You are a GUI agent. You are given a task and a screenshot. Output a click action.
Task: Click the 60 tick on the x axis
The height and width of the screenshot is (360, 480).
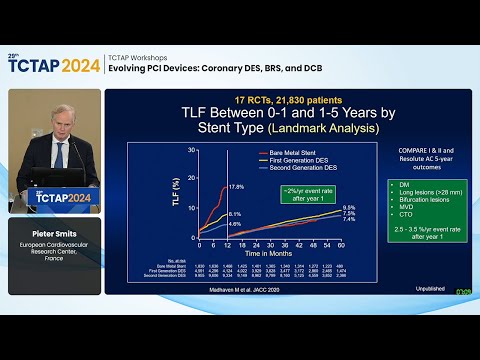coord(341,243)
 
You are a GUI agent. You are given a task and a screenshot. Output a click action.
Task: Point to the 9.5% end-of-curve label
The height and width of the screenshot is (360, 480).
coord(350,207)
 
